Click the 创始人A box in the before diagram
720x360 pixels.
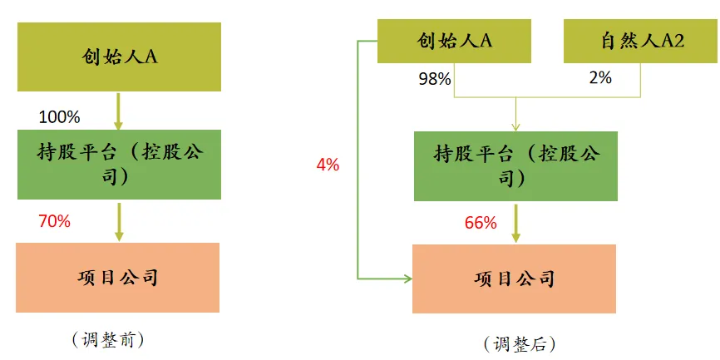pos(119,57)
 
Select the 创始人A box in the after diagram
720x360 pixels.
pos(454,41)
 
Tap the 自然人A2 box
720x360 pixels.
pos(642,41)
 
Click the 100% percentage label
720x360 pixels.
pos(59,117)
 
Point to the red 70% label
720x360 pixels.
pos(55,222)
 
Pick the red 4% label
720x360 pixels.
pos(328,165)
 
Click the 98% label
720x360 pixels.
pos(434,79)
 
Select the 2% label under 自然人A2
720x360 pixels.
pos(600,77)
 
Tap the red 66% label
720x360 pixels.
pos(481,223)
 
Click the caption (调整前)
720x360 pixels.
pos(108,340)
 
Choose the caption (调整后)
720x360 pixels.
pos(520,343)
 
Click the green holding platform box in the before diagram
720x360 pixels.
pos(119,165)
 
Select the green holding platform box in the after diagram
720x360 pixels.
pos(515,166)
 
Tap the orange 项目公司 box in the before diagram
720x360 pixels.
pos(117,278)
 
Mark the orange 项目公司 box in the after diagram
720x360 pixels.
pos(514,279)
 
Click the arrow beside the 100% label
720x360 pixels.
pos(118,111)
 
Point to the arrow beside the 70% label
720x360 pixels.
pos(119,222)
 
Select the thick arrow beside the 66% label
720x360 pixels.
pos(515,223)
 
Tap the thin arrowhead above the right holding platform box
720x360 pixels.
pos(515,126)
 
